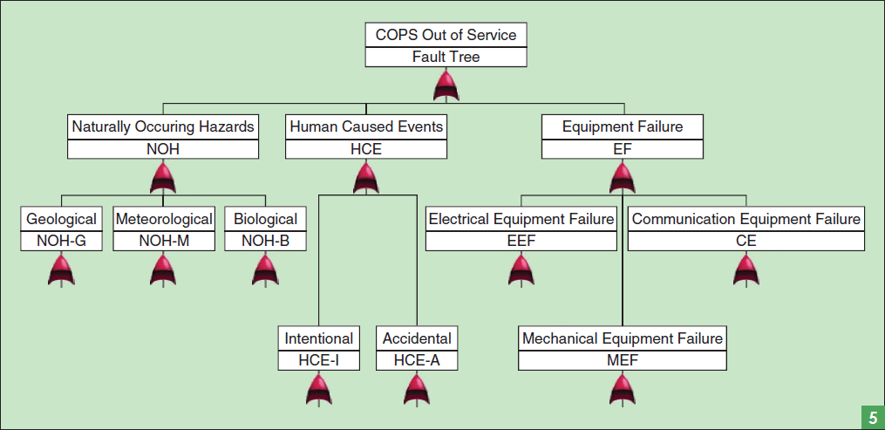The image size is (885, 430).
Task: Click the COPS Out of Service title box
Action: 446,35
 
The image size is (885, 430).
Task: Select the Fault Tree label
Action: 446,58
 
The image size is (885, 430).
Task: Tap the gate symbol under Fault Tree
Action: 446,85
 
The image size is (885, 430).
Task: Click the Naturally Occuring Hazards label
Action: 163,126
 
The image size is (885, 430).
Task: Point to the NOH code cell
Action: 163,149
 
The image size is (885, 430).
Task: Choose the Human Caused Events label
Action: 366,126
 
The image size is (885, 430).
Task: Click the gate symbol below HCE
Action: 366,178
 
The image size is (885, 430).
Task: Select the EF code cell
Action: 622,149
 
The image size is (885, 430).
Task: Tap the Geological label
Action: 61,219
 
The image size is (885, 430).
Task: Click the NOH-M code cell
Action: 164,241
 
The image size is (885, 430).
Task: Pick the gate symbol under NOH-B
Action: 265,270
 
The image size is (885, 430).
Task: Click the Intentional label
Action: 319,338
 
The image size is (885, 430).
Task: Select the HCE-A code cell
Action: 417,360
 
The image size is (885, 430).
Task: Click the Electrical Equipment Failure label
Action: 521,219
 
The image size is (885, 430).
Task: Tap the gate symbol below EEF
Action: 521,270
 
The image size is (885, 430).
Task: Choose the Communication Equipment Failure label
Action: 745,219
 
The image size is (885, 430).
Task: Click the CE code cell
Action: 745,241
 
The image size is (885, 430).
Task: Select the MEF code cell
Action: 622,360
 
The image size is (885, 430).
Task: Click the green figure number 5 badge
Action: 872,417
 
